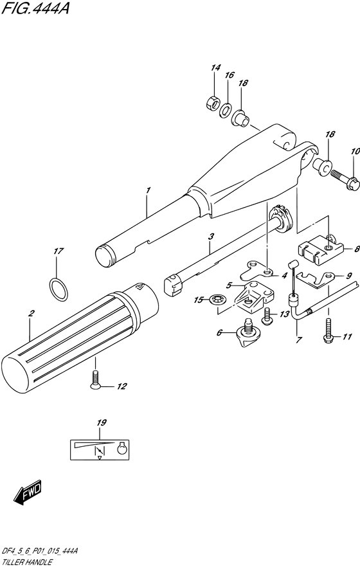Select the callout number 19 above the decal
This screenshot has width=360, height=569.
click(100, 423)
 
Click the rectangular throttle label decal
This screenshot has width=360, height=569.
click(101, 448)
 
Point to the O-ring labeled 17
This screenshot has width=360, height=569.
click(58, 289)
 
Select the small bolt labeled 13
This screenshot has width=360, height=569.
click(267, 315)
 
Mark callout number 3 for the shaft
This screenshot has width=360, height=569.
click(210, 237)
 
